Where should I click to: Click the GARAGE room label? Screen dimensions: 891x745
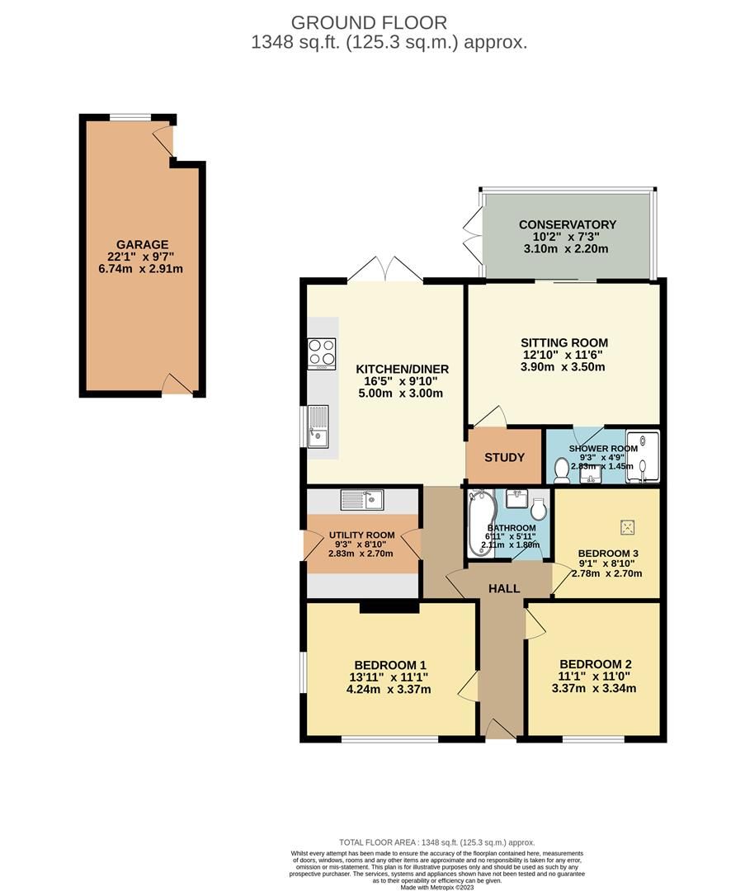142,244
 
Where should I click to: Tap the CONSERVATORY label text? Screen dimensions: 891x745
567,224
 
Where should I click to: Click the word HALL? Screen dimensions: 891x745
504,588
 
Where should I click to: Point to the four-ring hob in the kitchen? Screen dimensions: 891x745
322,352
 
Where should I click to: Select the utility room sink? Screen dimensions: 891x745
361,499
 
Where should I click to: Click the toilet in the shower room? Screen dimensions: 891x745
562,469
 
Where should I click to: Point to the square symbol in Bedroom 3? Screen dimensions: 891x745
628,525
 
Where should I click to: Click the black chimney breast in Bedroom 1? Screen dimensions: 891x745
389,606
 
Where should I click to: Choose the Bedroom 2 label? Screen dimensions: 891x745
595,664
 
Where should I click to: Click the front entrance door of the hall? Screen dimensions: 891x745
500,728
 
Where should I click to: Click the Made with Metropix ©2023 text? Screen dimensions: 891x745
436,887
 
